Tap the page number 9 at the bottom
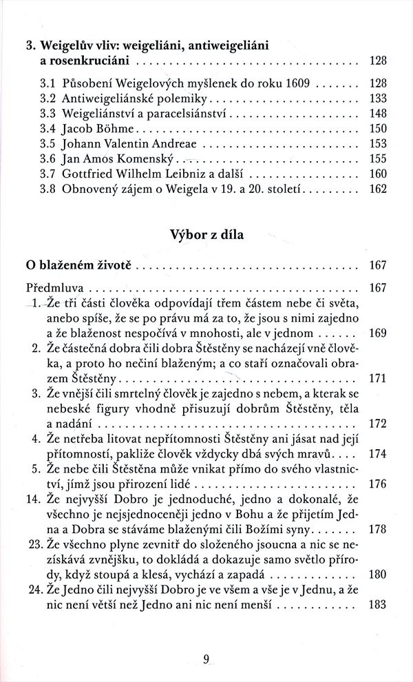[206, 658]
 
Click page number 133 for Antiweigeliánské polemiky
[379, 97]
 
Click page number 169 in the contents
[379, 334]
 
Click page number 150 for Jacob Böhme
[379, 129]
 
